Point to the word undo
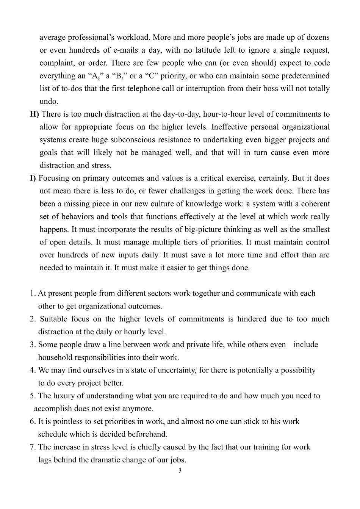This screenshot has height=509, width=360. [x=49, y=102]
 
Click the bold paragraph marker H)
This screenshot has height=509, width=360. [x=34, y=114]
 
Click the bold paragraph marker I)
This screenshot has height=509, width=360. [x=33, y=178]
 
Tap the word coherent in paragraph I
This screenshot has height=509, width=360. [x=315, y=204]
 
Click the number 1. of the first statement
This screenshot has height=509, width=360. [x=33, y=293]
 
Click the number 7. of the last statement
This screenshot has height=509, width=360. [x=33, y=447]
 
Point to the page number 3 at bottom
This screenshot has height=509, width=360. [x=180, y=471]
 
